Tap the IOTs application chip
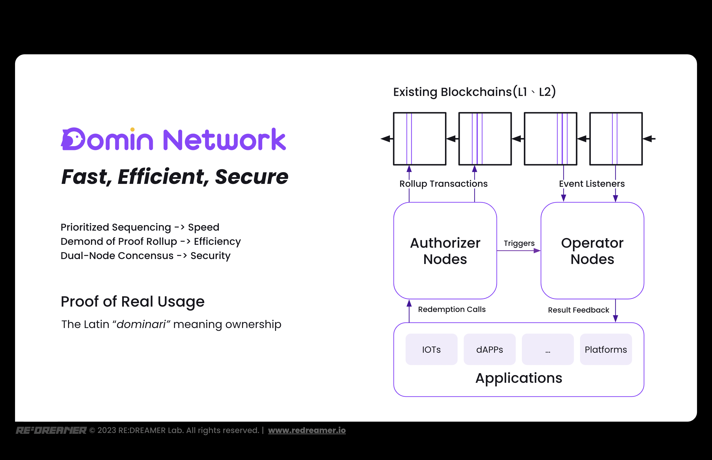click(x=431, y=349)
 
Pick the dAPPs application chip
click(x=489, y=349)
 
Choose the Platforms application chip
click(x=606, y=349)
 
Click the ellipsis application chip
click(x=547, y=349)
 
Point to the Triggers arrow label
click(x=519, y=243)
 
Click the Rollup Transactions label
click(x=443, y=184)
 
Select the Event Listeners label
click(x=592, y=184)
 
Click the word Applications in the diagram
click(x=519, y=378)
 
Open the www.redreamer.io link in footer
click(x=307, y=430)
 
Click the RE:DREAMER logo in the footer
click(x=51, y=430)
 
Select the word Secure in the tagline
click(x=252, y=177)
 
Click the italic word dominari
click(x=141, y=324)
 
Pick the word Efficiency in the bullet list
click(x=217, y=241)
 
